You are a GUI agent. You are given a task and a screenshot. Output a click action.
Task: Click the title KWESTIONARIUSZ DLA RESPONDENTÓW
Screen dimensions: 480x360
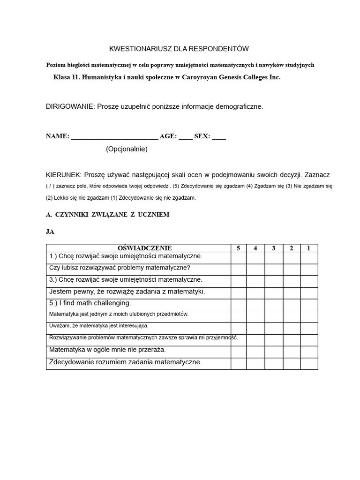click(179, 49)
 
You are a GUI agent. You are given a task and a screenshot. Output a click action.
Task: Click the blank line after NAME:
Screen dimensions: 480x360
click(114, 137)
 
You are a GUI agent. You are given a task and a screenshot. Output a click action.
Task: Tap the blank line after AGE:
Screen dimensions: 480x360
click(185, 137)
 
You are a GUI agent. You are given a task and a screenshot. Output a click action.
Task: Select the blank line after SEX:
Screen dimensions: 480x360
click(218, 137)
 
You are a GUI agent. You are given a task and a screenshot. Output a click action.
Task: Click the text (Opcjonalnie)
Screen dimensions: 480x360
click(127, 149)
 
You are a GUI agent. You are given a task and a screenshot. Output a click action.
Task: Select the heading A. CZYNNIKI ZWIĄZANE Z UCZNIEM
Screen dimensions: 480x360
click(107, 214)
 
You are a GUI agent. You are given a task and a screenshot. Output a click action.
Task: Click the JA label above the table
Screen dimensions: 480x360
click(50, 232)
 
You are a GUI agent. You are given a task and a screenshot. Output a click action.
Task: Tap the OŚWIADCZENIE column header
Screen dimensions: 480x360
click(138, 248)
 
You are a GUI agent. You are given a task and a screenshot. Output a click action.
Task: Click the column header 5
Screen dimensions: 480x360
click(238, 248)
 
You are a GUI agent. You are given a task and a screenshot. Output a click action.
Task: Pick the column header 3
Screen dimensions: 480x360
click(273, 248)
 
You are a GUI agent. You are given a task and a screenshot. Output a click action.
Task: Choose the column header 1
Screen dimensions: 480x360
click(308, 248)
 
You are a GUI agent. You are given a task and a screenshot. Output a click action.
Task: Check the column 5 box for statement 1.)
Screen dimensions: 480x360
click(238, 258)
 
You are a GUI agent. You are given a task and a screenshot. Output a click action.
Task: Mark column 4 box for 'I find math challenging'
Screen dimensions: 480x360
click(255, 305)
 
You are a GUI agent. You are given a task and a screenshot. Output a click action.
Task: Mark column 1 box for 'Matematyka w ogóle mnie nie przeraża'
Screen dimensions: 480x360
click(308, 352)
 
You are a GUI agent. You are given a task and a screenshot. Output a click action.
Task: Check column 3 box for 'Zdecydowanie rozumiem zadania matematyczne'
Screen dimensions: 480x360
click(273, 363)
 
